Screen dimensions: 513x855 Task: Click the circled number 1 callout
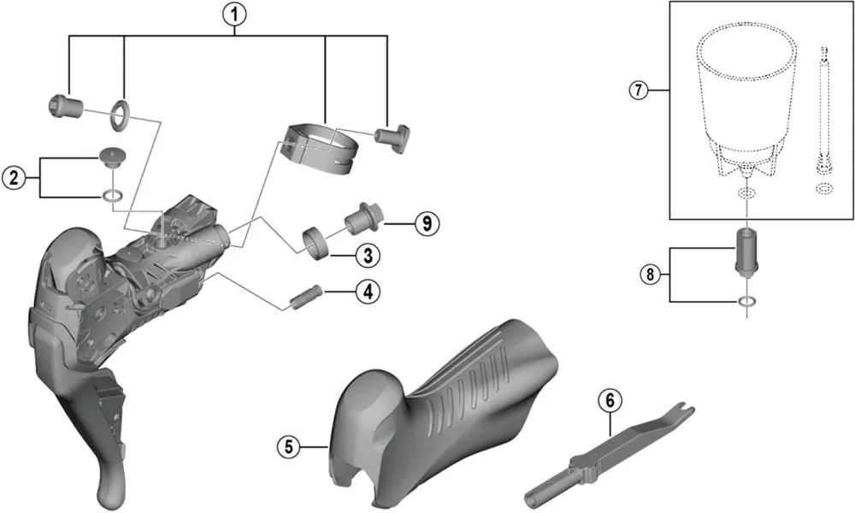coord(236,14)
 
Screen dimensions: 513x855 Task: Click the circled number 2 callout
coord(13,178)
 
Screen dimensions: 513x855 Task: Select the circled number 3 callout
coord(369,255)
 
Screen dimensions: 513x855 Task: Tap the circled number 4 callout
coord(369,292)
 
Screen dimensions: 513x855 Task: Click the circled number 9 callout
coord(425,224)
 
